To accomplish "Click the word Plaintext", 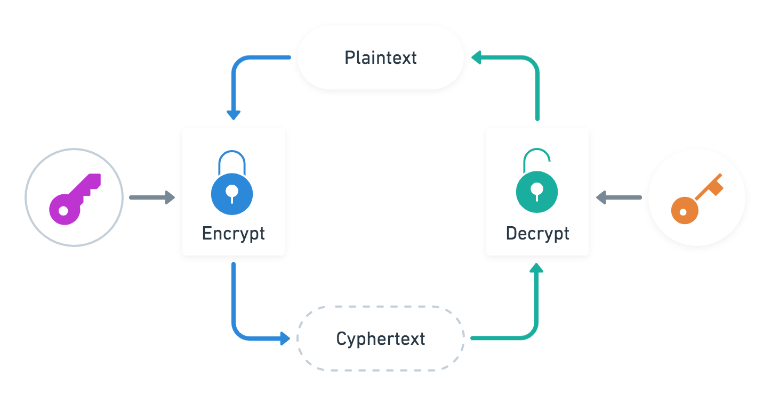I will pyautogui.click(x=381, y=57).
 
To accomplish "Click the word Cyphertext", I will pyautogui.click(x=381, y=339).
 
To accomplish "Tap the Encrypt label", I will pyautogui.click(x=234, y=233).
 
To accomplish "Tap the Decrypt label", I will pyautogui.click(x=537, y=233).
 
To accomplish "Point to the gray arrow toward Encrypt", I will pyautogui.click(x=152, y=197).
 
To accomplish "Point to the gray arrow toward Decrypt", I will pyautogui.click(x=619, y=197).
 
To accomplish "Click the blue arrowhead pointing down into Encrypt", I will pyautogui.click(x=234, y=115).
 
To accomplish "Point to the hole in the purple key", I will pyautogui.click(x=63, y=211).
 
